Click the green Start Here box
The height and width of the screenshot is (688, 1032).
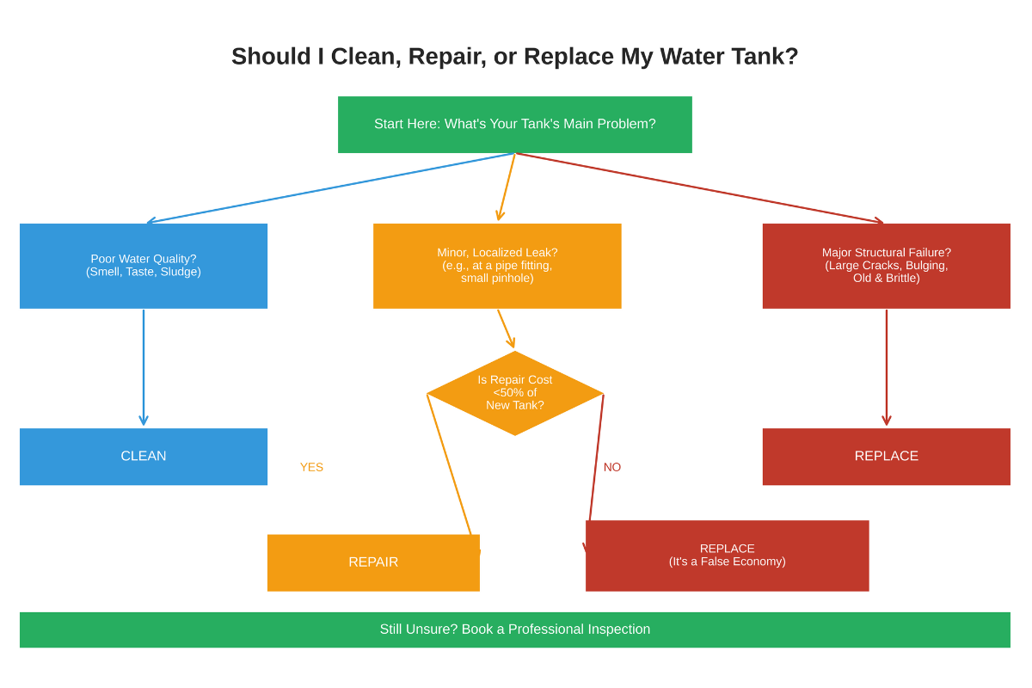pyautogui.click(x=514, y=125)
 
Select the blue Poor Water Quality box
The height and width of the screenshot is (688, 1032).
pyautogui.click(x=144, y=266)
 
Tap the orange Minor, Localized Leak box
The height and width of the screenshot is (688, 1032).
pyautogui.click(x=497, y=266)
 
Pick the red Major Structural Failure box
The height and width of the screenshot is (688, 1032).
pyautogui.click(x=886, y=266)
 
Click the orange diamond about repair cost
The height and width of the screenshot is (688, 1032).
pyautogui.click(x=514, y=393)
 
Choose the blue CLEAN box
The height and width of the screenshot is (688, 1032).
pyautogui.click(x=144, y=457)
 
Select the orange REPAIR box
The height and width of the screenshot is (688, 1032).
pyautogui.click(x=373, y=562)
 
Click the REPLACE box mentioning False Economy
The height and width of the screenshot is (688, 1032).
pyautogui.click(x=727, y=556)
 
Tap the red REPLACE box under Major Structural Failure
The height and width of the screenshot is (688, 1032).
pyautogui.click(x=886, y=457)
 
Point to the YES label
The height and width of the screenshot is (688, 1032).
pyautogui.click(x=311, y=467)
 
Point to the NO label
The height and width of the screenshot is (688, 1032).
pyautogui.click(x=611, y=467)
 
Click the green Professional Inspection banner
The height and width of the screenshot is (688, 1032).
pyautogui.click(x=514, y=630)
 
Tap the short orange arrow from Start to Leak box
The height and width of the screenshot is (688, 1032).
pyautogui.click(x=507, y=187)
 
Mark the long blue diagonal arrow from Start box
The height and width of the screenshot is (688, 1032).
pyautogui.click(x=331, y=187)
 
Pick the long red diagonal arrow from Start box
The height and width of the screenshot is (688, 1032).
pyautogui.click(x=698, y=187)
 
